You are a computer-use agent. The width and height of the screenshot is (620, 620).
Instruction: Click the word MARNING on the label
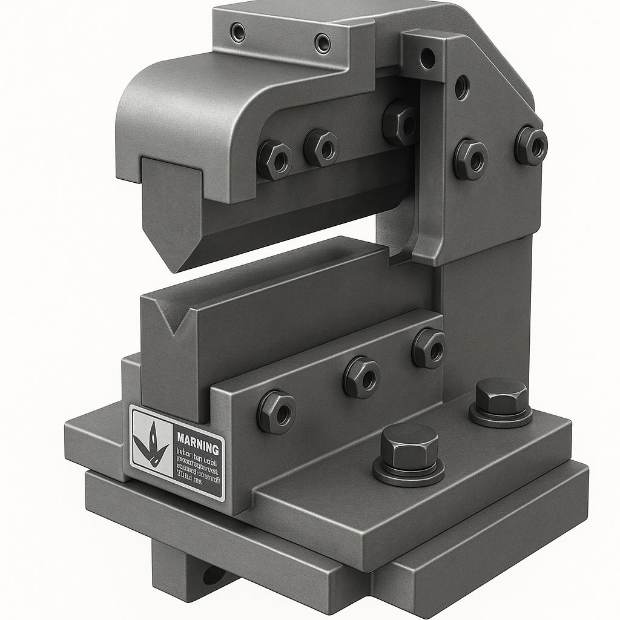click(x=197, y=449)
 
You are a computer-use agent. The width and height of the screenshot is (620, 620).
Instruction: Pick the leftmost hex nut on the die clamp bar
click(x=276, y=412)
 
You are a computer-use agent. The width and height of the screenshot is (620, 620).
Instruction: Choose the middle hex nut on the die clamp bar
click(x=361, y=377)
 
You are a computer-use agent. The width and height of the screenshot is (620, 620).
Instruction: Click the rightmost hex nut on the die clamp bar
click(x=429, y=348)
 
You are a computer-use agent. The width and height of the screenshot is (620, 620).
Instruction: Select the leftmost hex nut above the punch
click(x=275, y=160)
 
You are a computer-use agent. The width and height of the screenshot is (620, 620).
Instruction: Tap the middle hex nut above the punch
click(x=322, y=148)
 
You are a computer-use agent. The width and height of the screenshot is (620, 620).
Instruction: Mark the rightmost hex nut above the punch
click(x=400, y=124)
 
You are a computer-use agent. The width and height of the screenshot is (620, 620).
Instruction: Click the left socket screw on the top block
click(x=238, y=32)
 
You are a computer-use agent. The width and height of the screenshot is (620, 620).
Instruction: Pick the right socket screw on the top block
click(x=323, y=43)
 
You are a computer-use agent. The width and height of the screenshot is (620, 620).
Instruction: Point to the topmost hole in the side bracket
click(x=427, y=58)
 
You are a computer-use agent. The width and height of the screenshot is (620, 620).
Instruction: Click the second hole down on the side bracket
click(x=462, y=87)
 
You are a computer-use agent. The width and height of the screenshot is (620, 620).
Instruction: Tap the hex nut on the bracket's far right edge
click(x=531, y=145)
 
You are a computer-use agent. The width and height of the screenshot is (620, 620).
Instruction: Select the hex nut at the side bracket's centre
click(x=470, y=159)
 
